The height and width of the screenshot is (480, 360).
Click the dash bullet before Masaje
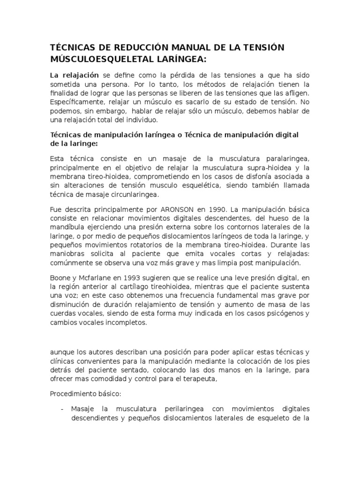pyautogui.click(x=62, y=409)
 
